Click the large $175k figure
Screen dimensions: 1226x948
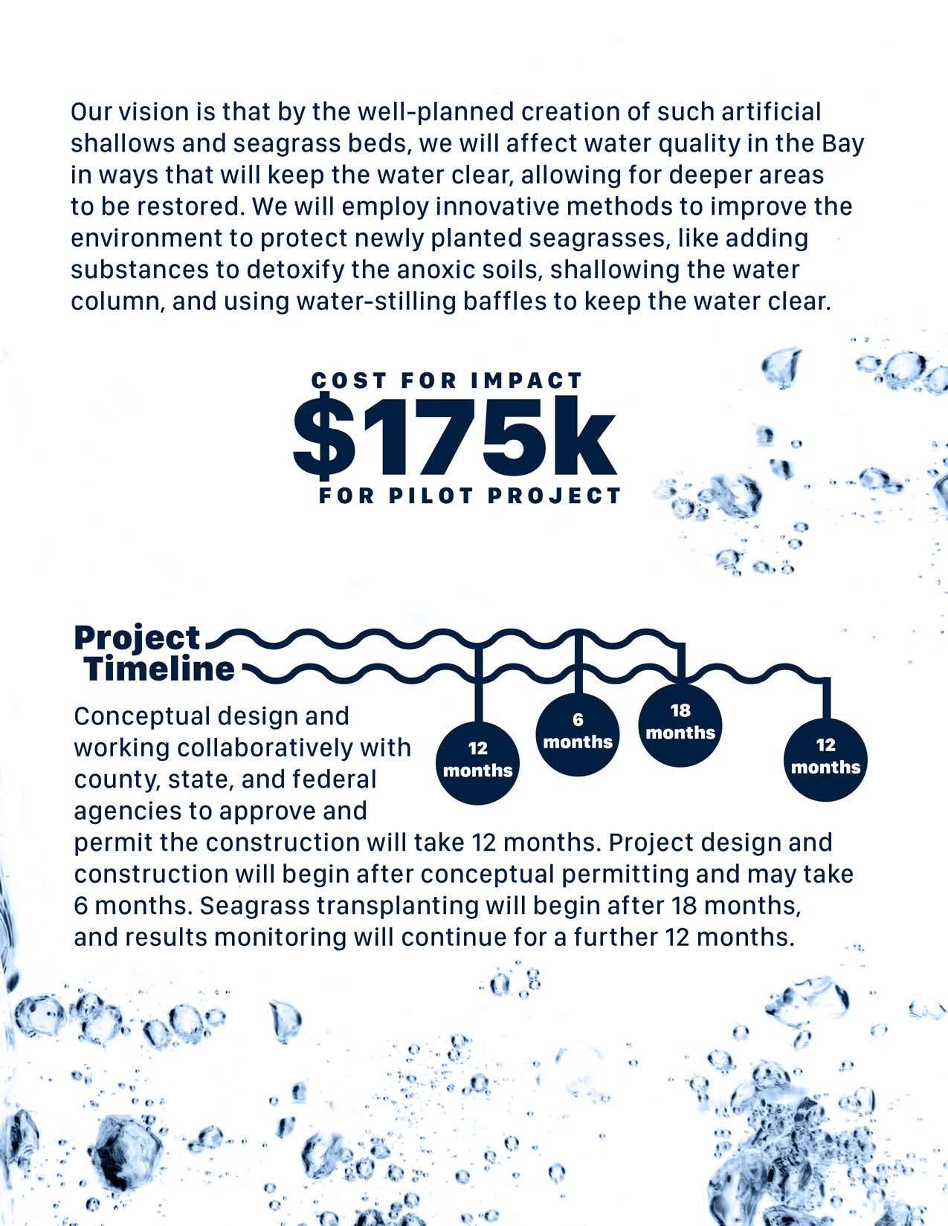click(x=454, y=438)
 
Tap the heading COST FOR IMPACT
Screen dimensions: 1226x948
click(x=447, y=380)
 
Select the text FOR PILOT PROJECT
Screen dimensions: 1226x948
click(x=470, y=496)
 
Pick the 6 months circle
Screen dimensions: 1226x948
click(x=578, y=731)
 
